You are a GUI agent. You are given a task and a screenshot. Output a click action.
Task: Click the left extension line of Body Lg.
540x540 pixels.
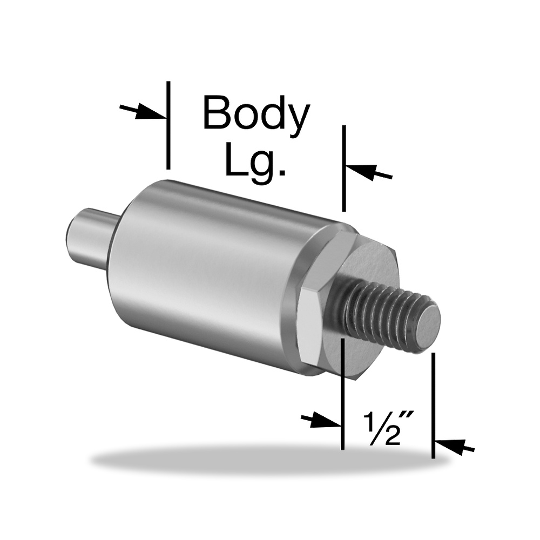coord(168,125)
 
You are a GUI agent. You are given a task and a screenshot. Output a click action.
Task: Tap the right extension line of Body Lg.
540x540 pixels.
coord(343,168)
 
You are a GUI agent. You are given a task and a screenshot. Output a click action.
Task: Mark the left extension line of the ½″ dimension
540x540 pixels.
coord(342,394)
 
